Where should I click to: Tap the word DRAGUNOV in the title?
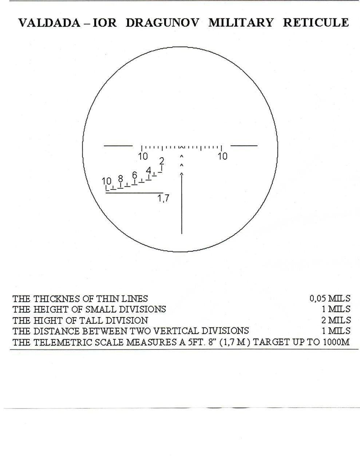pos(163,23)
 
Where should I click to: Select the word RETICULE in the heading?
pos(316,23)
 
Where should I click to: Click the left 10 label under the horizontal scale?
pos(143,156)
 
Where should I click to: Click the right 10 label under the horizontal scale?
pos(222,156)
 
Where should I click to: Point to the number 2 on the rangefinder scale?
pos(162,161)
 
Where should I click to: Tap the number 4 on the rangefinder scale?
pos(149,171)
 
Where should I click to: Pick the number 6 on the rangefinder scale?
pos(134,175)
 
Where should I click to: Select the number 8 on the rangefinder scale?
pos(120,179)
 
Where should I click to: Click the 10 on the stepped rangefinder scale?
pos(107,181)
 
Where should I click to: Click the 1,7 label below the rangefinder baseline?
pos(163,198)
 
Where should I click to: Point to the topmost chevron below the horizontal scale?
pos(182,157)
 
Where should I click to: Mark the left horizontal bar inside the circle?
pos(118,146)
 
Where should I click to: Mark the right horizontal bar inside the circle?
pos(244,146)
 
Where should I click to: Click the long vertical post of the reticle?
pos(182,203)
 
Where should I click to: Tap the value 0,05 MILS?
pos(330,299)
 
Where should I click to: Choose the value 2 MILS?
pos(336,320)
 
